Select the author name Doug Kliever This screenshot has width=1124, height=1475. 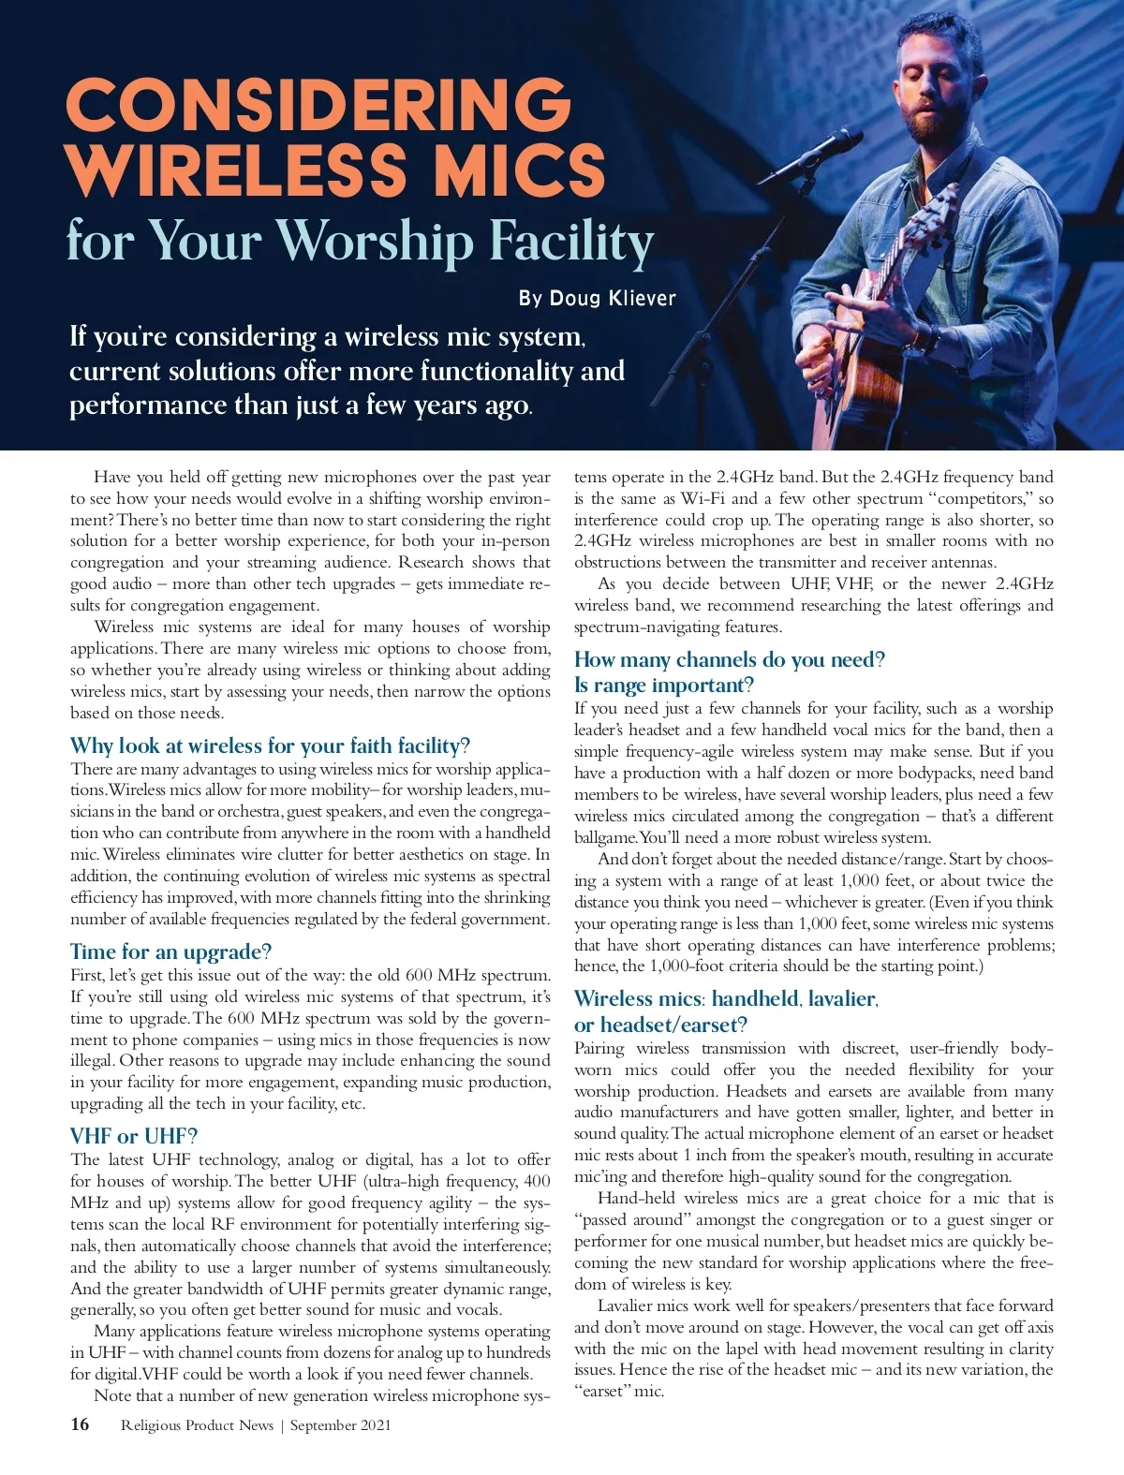tap(613, 299)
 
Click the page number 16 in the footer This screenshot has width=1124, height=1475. tap(80, 1424)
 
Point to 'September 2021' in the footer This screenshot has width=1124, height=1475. tap(340, 1425)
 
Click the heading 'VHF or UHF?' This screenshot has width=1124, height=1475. tap(134, 1136)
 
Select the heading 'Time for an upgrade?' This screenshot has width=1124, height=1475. tap(170, 951)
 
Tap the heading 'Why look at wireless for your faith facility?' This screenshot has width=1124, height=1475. tap(270, 745)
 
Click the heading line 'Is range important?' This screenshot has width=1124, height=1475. tap(664, 685)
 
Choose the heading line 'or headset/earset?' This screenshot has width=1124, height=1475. tap(660, 1025)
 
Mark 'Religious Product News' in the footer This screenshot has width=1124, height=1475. tap(197, 1425)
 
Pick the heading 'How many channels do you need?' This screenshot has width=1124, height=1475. tap(729, 659)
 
